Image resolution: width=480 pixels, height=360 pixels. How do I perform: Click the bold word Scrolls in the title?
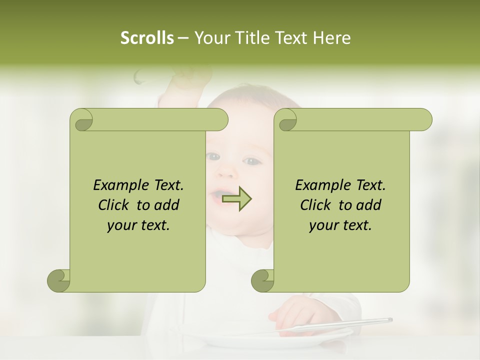coord(147,38)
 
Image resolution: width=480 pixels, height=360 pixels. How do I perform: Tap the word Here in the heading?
coord(331,38)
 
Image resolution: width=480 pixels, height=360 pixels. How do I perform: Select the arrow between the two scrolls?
coord(237,199)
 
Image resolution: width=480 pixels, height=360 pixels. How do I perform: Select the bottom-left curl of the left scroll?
coord(58,280)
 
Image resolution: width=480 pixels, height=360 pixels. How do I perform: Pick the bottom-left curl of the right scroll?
coord(262,280)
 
